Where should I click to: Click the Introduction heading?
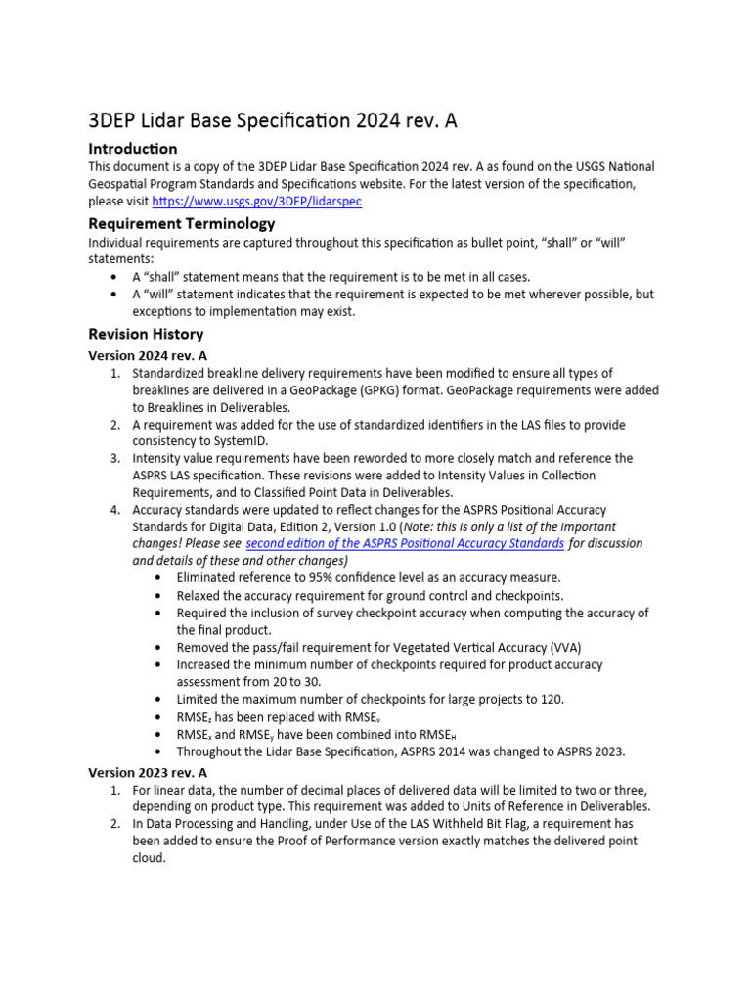click(x=133, y=149)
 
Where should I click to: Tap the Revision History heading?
click(x=146, y=334)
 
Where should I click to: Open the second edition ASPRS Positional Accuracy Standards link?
click(x=405, y=543)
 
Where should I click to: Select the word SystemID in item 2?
click(x=227, y=441)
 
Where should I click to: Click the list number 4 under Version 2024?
click(x=114, y=510)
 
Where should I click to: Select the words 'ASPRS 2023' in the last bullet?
click(x=588, y=751)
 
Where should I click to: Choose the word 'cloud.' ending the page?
click(x=150, y=857)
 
